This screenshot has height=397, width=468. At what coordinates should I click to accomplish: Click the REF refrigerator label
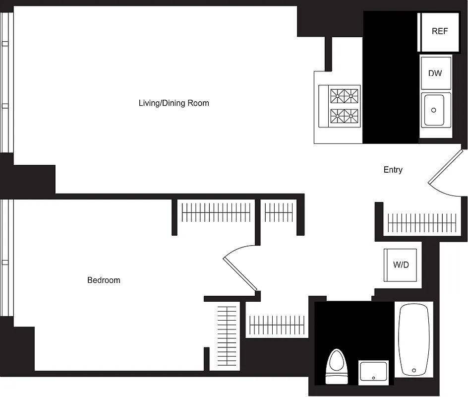pyautogui.click(x=439, y=31)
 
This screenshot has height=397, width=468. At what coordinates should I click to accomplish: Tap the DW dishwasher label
pyautogui.click(x=435, y=73)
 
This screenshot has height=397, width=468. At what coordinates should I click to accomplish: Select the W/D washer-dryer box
pyautogui.click(x=401, y=265)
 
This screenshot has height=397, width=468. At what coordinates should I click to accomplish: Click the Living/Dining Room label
pyautogui.click(x=174, y=103)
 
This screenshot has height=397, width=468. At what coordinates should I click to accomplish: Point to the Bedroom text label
pyautogui.click(x=104, y=280)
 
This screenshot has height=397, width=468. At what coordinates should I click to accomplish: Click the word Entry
pyautogui.click(x=393, y=170)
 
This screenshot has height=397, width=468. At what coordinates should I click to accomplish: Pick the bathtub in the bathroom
pyautogui.click(x=413, y=340)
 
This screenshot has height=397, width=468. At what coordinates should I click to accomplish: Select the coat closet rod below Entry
pyautogui.click(x=421, y=222)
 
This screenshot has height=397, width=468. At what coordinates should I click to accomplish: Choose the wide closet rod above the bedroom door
pyautogui.click(x=216, y=212)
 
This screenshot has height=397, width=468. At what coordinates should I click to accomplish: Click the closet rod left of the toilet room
pyautogui.click(x=277, y=325)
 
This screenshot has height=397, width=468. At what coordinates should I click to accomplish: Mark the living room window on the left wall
pyautogui.click(x=6, y=82)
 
